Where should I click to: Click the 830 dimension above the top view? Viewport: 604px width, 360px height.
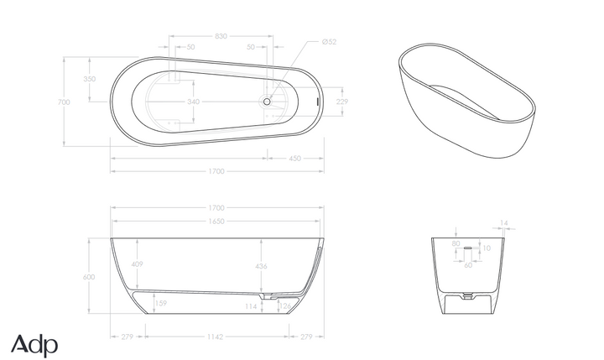pos(221,36)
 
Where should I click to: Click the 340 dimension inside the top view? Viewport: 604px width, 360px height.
pos(193,102)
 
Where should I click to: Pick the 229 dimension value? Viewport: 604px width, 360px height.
pos(341,102)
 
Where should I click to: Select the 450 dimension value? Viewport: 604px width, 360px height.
pos(295,158)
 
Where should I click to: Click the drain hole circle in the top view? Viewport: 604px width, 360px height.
pos(268,102)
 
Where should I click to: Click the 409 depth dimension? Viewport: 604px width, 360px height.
pos(137,264)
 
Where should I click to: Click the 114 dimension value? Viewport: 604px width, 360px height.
pos(250,307)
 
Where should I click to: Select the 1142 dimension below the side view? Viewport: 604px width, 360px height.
pos(216,337)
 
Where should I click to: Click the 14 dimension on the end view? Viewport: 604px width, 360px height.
pos(503,223)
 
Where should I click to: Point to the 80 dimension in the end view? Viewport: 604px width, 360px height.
pos(456,244)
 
